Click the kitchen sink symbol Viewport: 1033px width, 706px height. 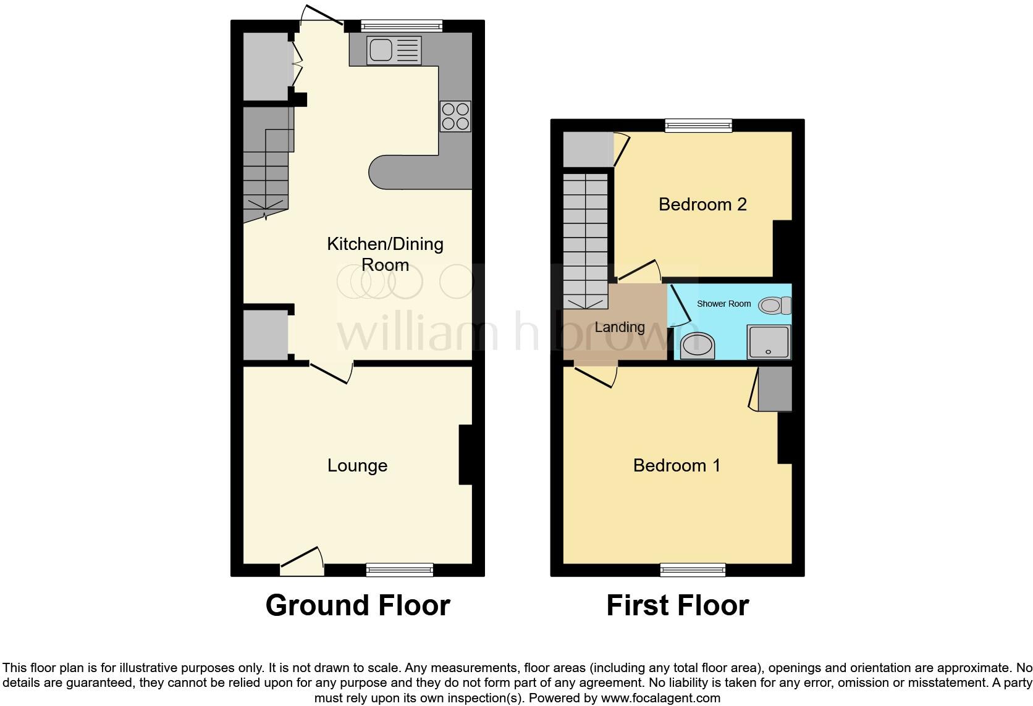pos(394,50)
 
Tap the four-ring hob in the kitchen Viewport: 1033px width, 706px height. pos(455,116)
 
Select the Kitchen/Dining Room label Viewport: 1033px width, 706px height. pos(385,254)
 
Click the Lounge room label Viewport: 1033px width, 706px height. pos(357,465)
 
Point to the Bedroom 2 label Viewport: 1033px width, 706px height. pos(702,204)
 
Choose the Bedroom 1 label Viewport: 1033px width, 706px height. pos(677,465)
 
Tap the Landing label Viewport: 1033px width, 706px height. pos(619,327)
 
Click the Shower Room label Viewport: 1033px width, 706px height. pos(723,304)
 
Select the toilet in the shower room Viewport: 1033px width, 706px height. pos(774,305)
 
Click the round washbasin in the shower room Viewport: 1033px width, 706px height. pos(698,346)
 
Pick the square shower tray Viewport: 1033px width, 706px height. pos(769,342)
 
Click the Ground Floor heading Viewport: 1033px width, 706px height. pos(358,605)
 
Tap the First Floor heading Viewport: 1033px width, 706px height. pos(677,605)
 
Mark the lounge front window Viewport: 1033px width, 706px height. pos(399,570)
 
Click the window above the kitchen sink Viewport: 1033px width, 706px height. pos(402,26)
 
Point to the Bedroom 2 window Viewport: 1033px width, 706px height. pos(698,125)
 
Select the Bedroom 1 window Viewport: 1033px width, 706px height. pos(693,570)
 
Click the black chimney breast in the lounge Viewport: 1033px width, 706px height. pos(466,455)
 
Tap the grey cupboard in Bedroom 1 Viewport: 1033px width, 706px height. pos(775,389)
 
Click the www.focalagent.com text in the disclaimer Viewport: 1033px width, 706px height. pos(660,699)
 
